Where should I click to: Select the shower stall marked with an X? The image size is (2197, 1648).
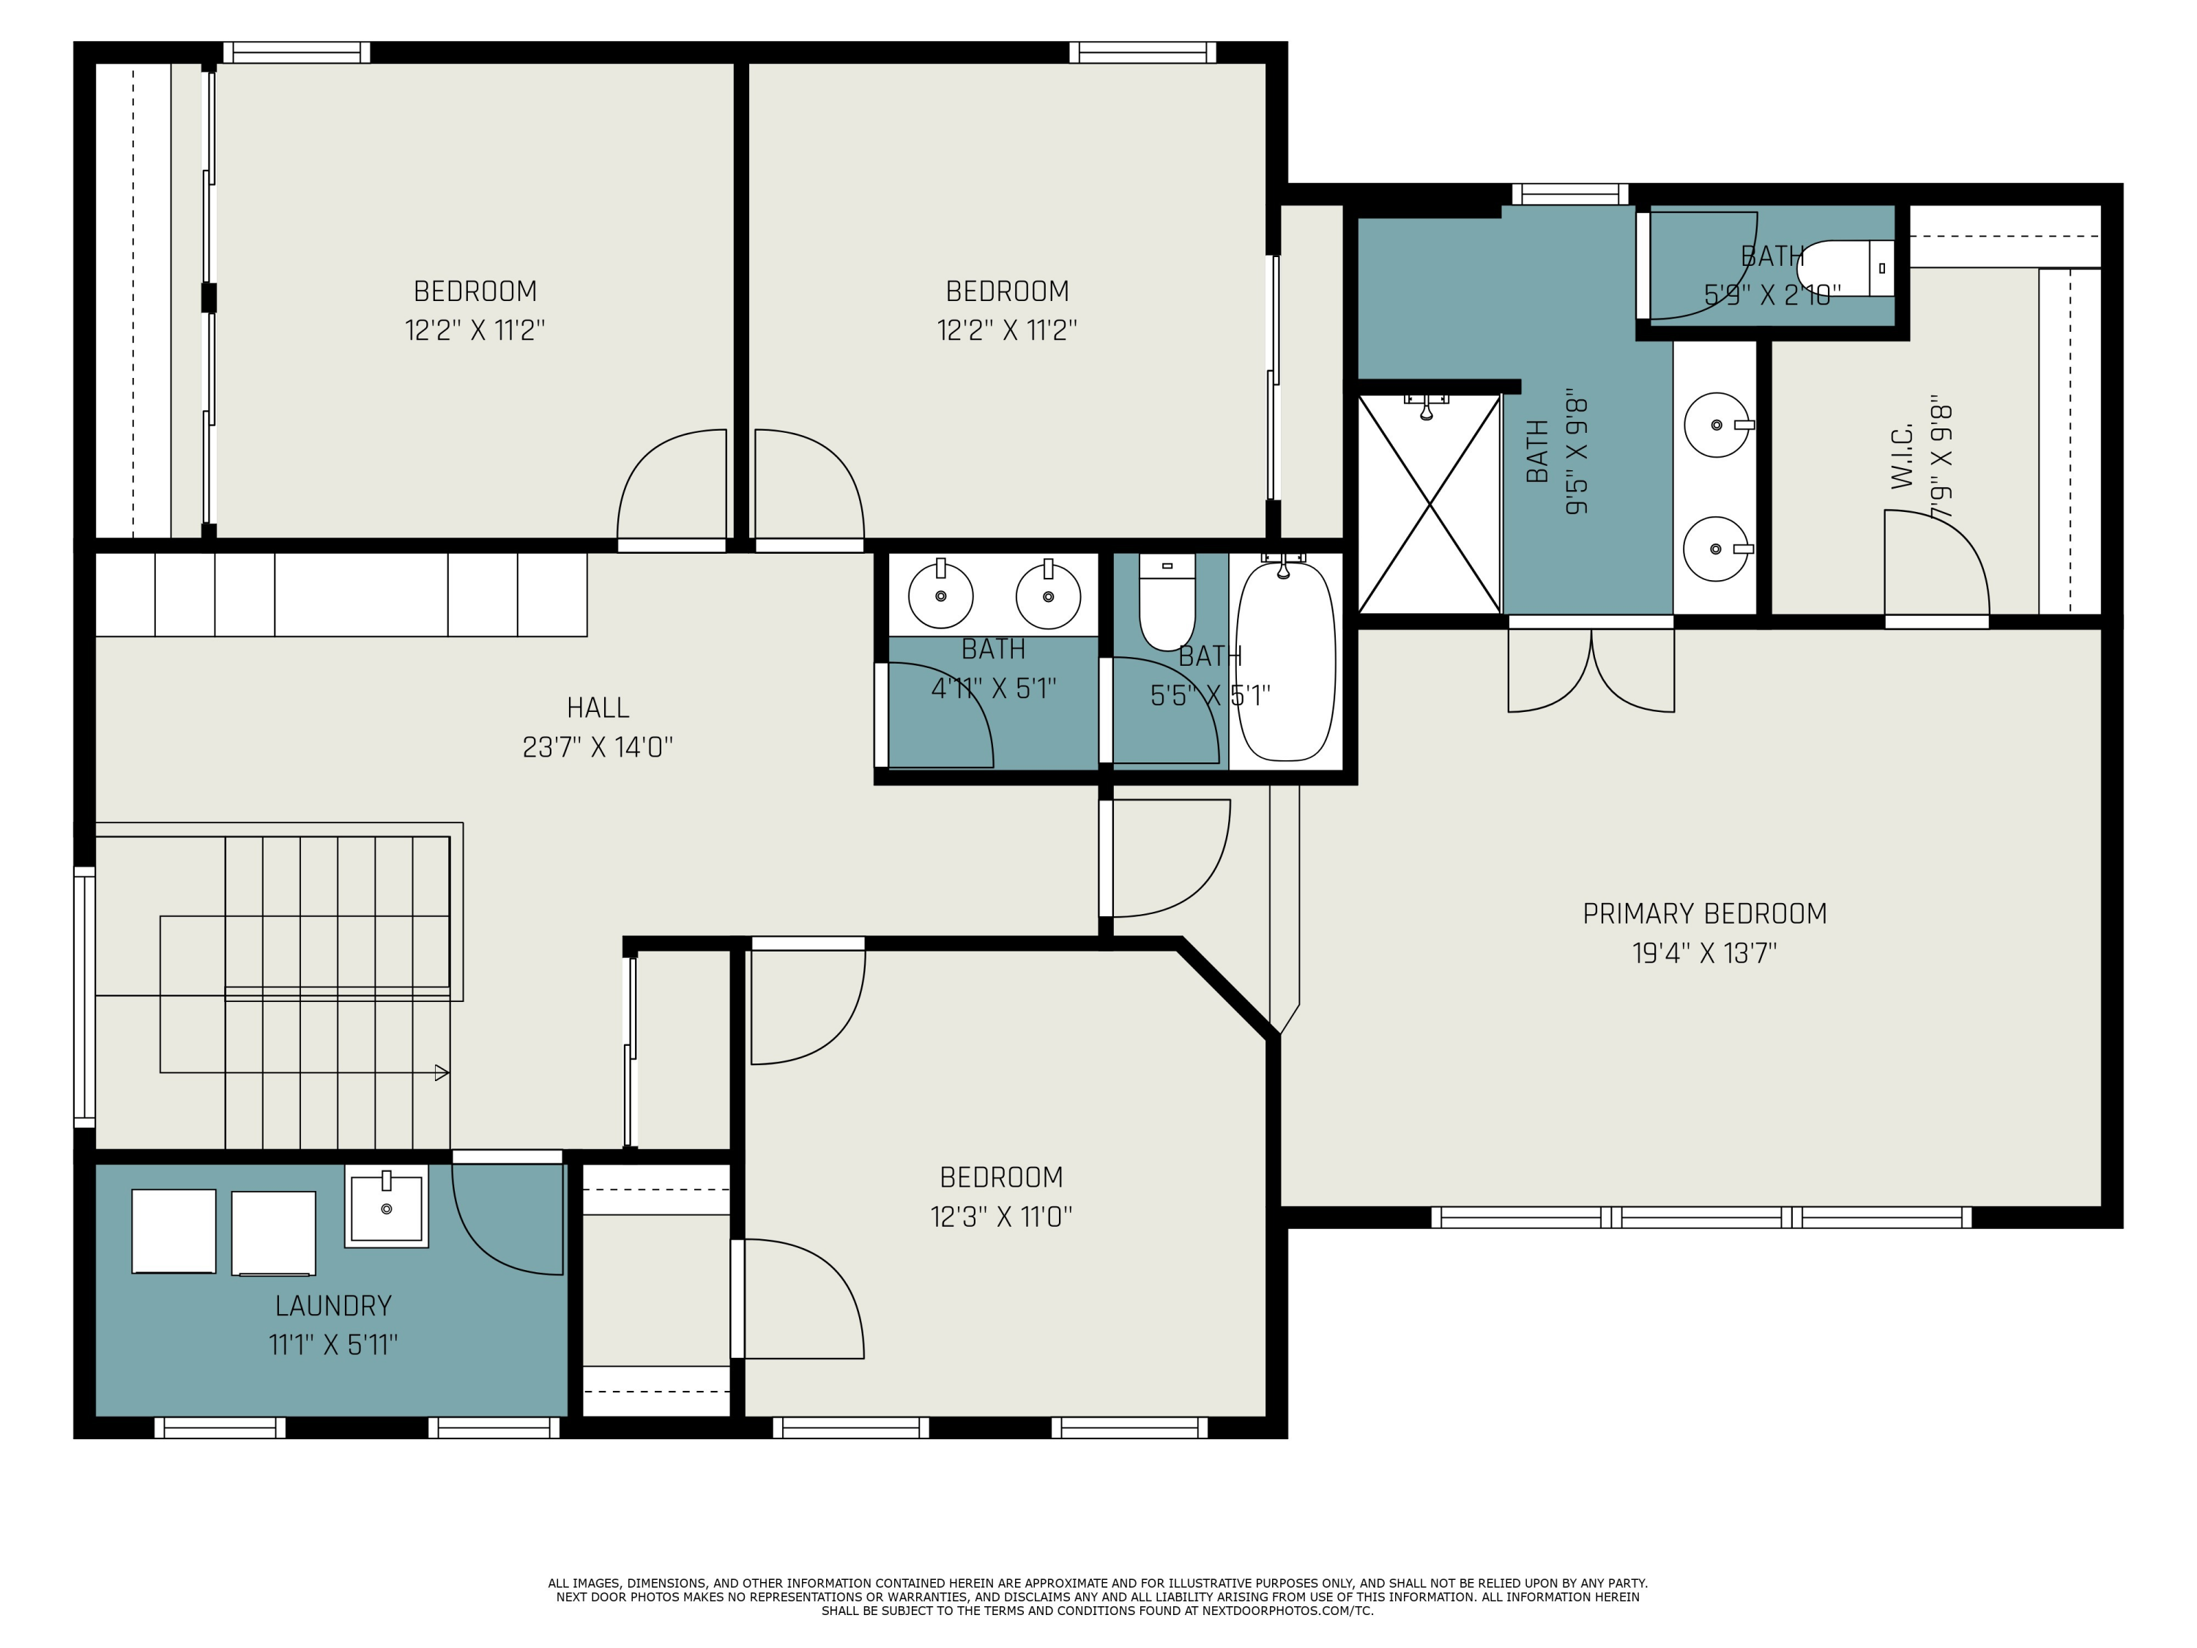[x=1428, y=504]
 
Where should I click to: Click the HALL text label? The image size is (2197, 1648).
[x=598, y=708]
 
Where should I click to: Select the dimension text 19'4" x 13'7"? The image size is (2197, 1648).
[x=1703, y=954]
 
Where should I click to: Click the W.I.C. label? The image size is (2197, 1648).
[x=1901, y=458]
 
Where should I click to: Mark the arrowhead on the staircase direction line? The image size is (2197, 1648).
[x=442, y=1073]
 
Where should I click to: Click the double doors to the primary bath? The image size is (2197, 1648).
[x=1591, y=669]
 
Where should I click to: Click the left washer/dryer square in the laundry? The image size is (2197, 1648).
[x=174, y=1231]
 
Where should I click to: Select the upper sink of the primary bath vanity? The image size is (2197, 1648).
[x=1717, y=425]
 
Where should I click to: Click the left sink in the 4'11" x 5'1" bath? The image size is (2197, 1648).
[x=940, y=595]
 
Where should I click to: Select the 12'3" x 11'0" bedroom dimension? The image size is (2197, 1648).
[x=1001, y=1217]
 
